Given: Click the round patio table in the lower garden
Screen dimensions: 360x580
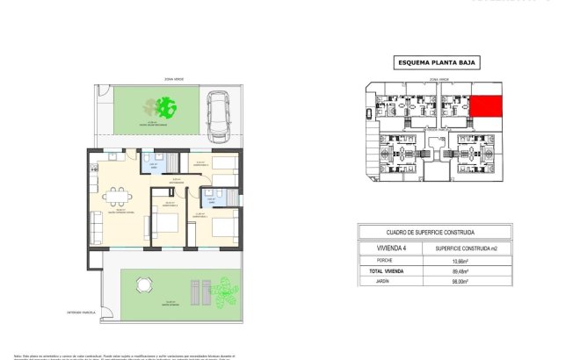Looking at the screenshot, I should pos(141,285).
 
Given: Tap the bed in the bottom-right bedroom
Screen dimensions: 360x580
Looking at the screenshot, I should pos(224,228).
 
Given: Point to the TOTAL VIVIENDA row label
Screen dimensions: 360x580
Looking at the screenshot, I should pos(387,272).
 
